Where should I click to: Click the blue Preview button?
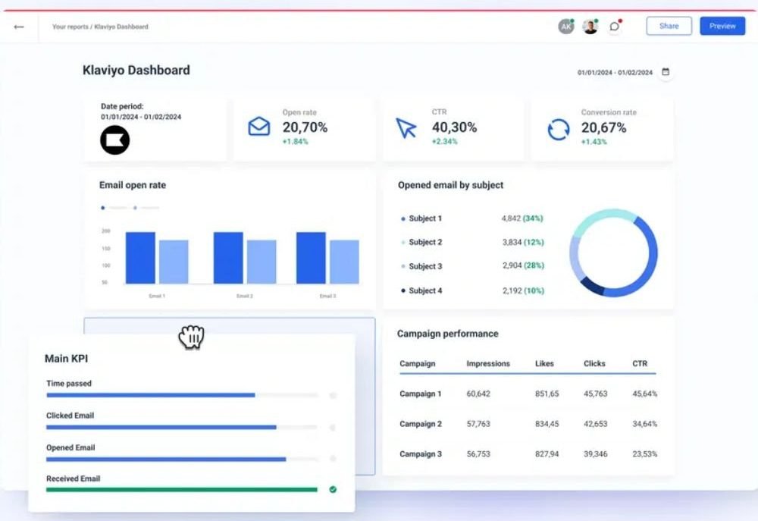coord(722,26)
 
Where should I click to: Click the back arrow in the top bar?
coord(19,27)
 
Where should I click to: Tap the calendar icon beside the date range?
coord(666,72)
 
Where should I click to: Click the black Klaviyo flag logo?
coord(115,140)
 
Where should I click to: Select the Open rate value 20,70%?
coord(305,127)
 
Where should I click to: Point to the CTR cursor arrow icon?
coord(406,128)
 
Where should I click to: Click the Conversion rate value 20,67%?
coord(604,127)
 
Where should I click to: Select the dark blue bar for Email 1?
coord(141,258)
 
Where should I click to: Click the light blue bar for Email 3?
coord(345,262)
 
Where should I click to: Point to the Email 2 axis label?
coord(245,296)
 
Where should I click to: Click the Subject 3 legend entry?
coord(425,266)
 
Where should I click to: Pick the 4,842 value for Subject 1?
coord(511,218)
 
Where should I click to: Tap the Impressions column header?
coord(488,363)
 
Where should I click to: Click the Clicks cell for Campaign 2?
coord(596,424)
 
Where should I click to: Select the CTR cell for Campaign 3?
coord(645,454)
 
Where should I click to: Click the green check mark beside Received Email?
coord(333,490)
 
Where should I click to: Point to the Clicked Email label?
coord(70,416)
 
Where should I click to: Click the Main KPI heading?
coord(66,359)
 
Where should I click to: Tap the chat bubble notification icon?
coord(615,26)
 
